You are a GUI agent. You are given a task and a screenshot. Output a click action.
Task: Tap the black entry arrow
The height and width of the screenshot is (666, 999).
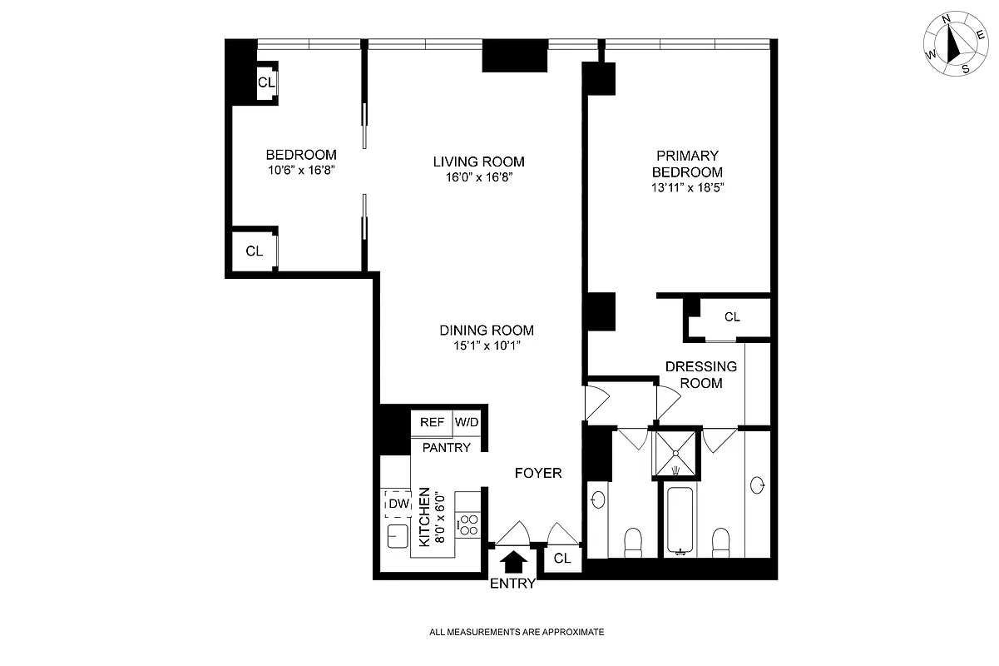[x=513, y=561]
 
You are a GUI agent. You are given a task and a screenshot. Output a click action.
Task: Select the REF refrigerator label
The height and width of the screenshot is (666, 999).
[x=432, y=422]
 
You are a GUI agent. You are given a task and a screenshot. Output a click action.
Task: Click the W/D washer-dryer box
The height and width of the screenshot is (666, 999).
[x=467, y=422]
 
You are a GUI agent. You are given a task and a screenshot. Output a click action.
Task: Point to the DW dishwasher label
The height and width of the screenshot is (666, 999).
[x=398, y=504]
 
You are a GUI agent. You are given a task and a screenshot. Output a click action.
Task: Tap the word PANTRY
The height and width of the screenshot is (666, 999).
[x=447, y=448]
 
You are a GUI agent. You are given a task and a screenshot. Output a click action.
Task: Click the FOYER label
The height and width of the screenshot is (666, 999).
[x=538, y=473]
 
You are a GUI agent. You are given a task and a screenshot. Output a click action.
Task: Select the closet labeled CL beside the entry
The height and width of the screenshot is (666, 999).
[x=562, y=559]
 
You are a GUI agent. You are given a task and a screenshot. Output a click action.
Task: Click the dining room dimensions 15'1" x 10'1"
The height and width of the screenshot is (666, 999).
[x=487, y=345]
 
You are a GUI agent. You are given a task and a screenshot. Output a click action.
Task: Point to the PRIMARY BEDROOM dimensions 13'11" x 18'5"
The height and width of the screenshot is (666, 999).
[x=687, y=187]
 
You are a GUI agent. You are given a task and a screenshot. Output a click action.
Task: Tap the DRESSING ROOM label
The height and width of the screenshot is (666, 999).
[x=701, y=375]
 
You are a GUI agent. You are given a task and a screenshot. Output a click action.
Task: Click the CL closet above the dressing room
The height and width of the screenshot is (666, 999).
[x=731, y=317]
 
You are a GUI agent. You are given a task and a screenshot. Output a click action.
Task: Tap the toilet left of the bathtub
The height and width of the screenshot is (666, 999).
[x=633, y=543]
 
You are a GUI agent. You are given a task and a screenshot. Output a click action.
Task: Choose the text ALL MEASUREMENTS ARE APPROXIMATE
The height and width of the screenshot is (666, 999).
[x=516, y=632]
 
